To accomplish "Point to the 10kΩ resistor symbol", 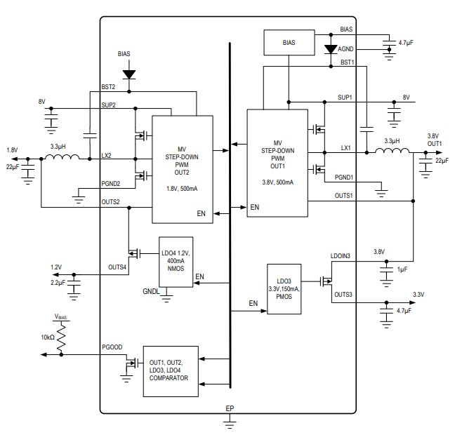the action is point(61,337).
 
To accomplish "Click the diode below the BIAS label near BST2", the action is point(129,74).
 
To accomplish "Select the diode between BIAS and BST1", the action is point(331,49).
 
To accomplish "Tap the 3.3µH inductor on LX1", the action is point(392,151).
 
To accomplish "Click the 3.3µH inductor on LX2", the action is point(62,156).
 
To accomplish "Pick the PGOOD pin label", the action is point(112,347).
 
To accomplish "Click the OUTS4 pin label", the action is point(117,267).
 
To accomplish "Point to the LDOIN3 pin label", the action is point(341,256).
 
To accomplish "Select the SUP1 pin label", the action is point(345,98).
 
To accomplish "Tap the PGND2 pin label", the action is point(110,184).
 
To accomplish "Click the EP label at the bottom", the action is point(230,408).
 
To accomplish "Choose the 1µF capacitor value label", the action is point(402,269).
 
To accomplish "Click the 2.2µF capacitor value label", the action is point(58,283).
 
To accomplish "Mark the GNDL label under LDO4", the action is point(151,291).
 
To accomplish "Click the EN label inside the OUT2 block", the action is point(201,213).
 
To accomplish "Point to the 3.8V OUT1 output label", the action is point(435,140).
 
